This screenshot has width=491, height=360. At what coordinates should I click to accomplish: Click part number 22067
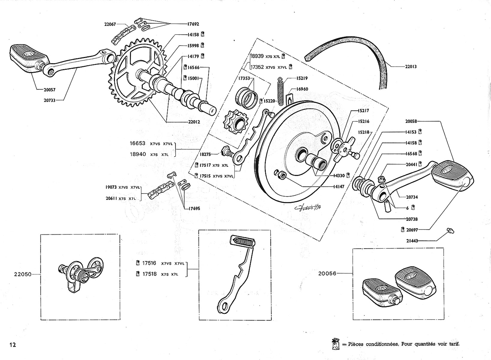[110, 24]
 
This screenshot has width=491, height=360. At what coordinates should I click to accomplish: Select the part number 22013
[411, 67]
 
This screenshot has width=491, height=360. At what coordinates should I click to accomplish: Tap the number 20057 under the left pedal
[49, 90]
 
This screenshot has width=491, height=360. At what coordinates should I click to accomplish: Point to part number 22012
[194, 122]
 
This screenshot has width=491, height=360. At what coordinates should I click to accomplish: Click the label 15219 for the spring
[302, 78]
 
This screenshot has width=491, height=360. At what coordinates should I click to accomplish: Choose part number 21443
[412, 241]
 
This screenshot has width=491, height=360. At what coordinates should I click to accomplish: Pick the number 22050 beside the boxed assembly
[23, 274]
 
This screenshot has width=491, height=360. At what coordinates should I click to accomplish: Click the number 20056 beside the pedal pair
[327, 274]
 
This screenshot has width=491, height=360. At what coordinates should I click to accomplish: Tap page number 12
[13, 345]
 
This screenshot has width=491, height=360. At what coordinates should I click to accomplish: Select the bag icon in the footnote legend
[335, 344]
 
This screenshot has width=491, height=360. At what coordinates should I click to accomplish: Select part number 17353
[244, 78]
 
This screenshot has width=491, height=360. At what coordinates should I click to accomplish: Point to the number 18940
[138, 154]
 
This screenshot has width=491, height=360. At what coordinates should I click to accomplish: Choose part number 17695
[194, 208]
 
